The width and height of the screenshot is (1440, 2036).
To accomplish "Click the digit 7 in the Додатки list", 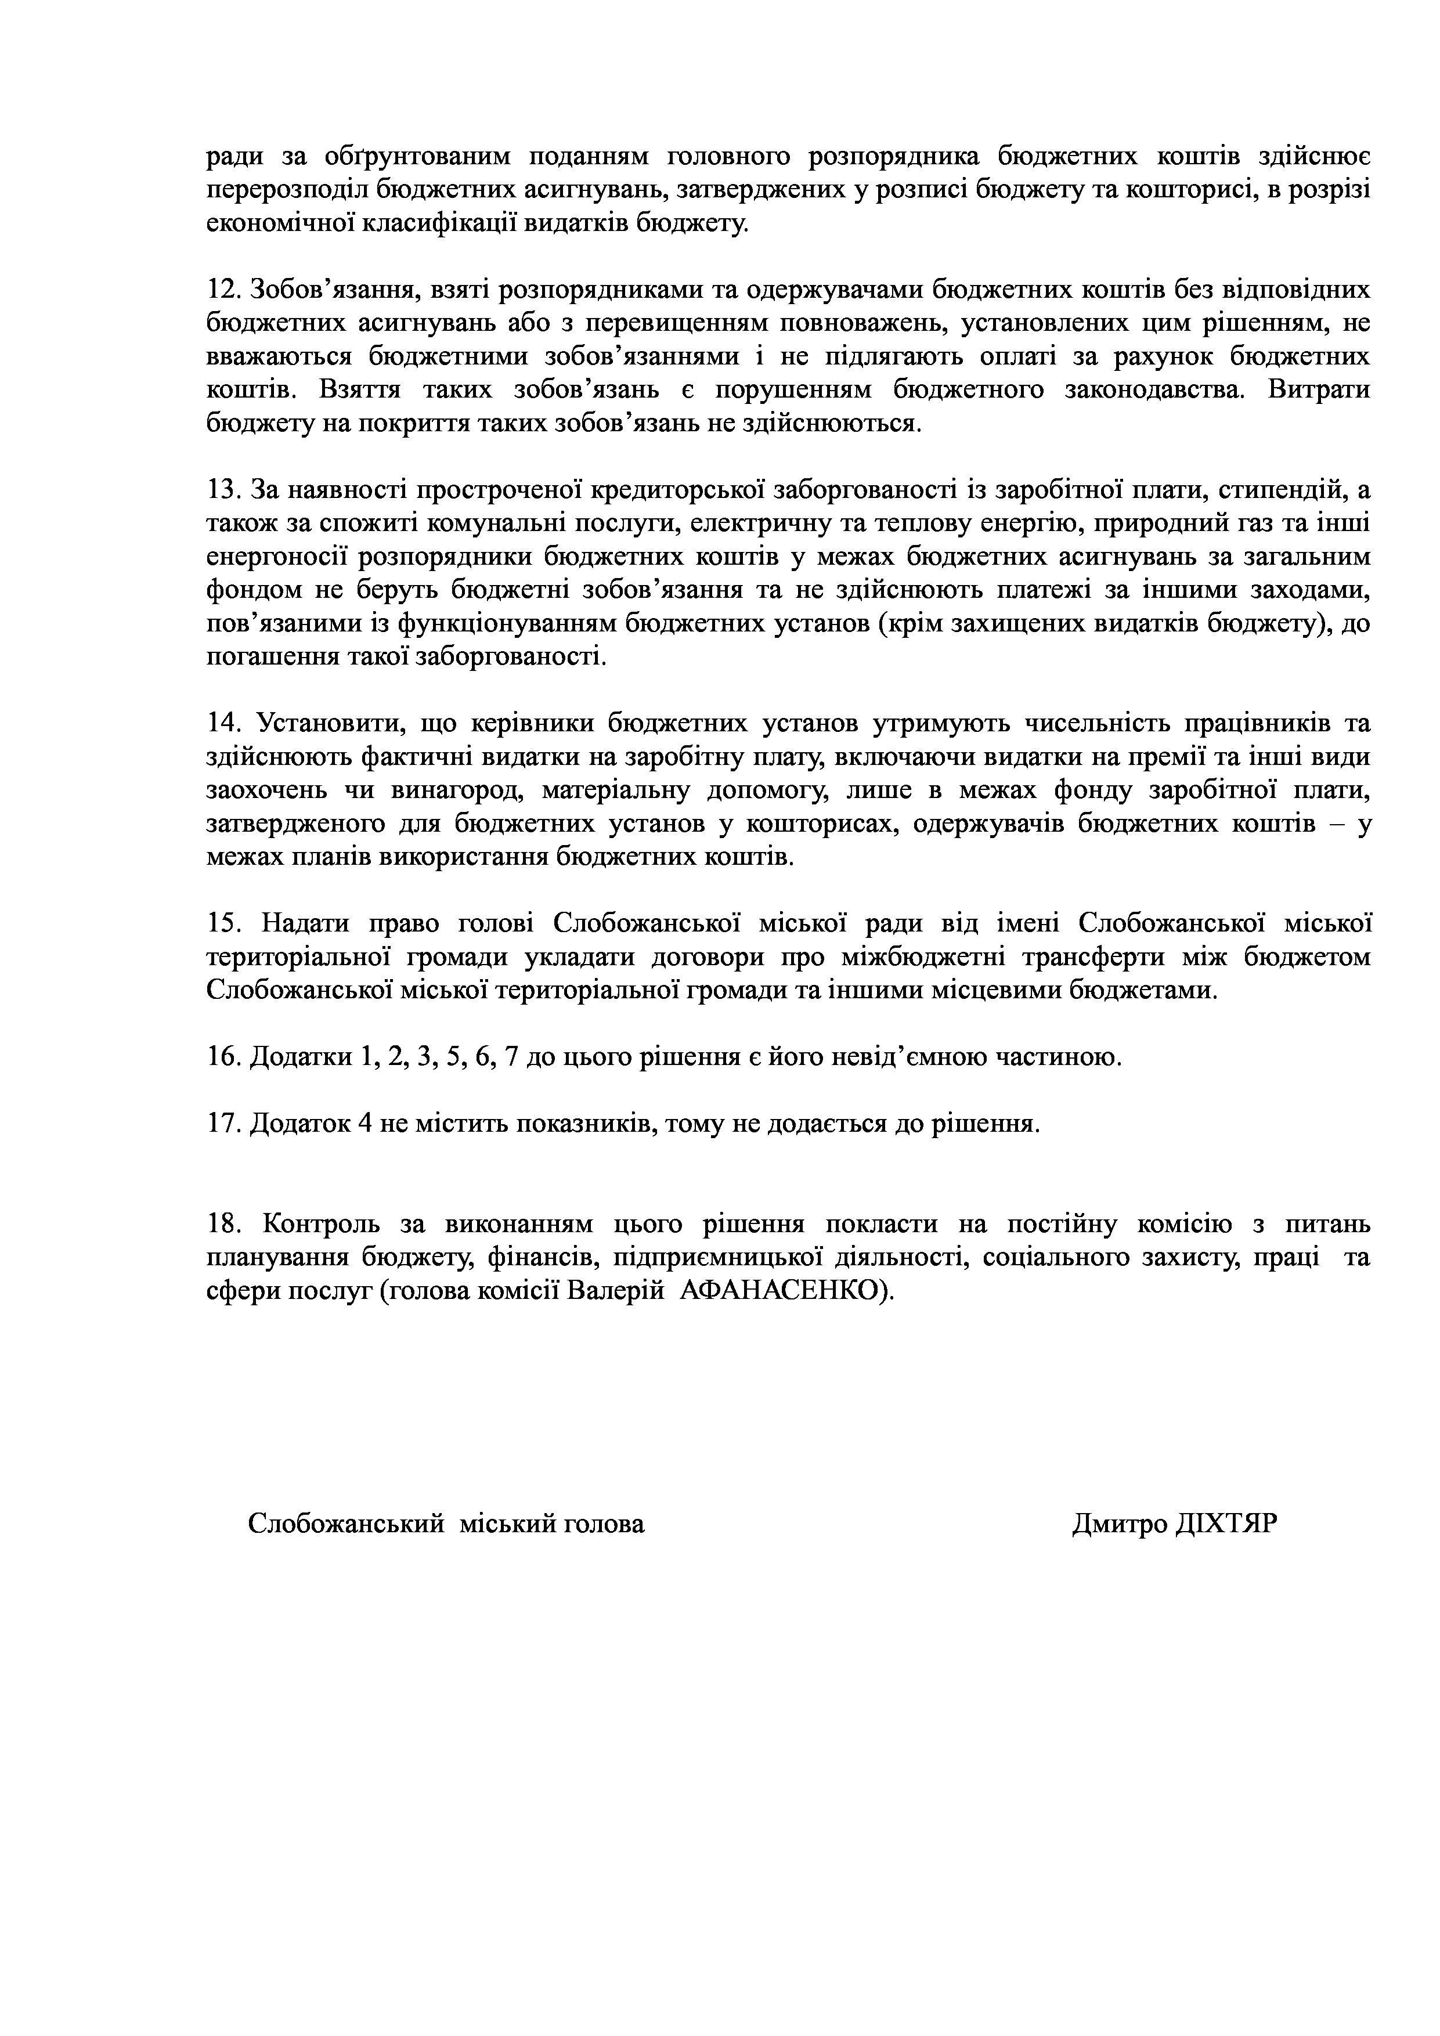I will click(x=510, y=1057).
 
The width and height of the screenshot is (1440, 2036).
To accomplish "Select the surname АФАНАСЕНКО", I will click(x=784, y=1291).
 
